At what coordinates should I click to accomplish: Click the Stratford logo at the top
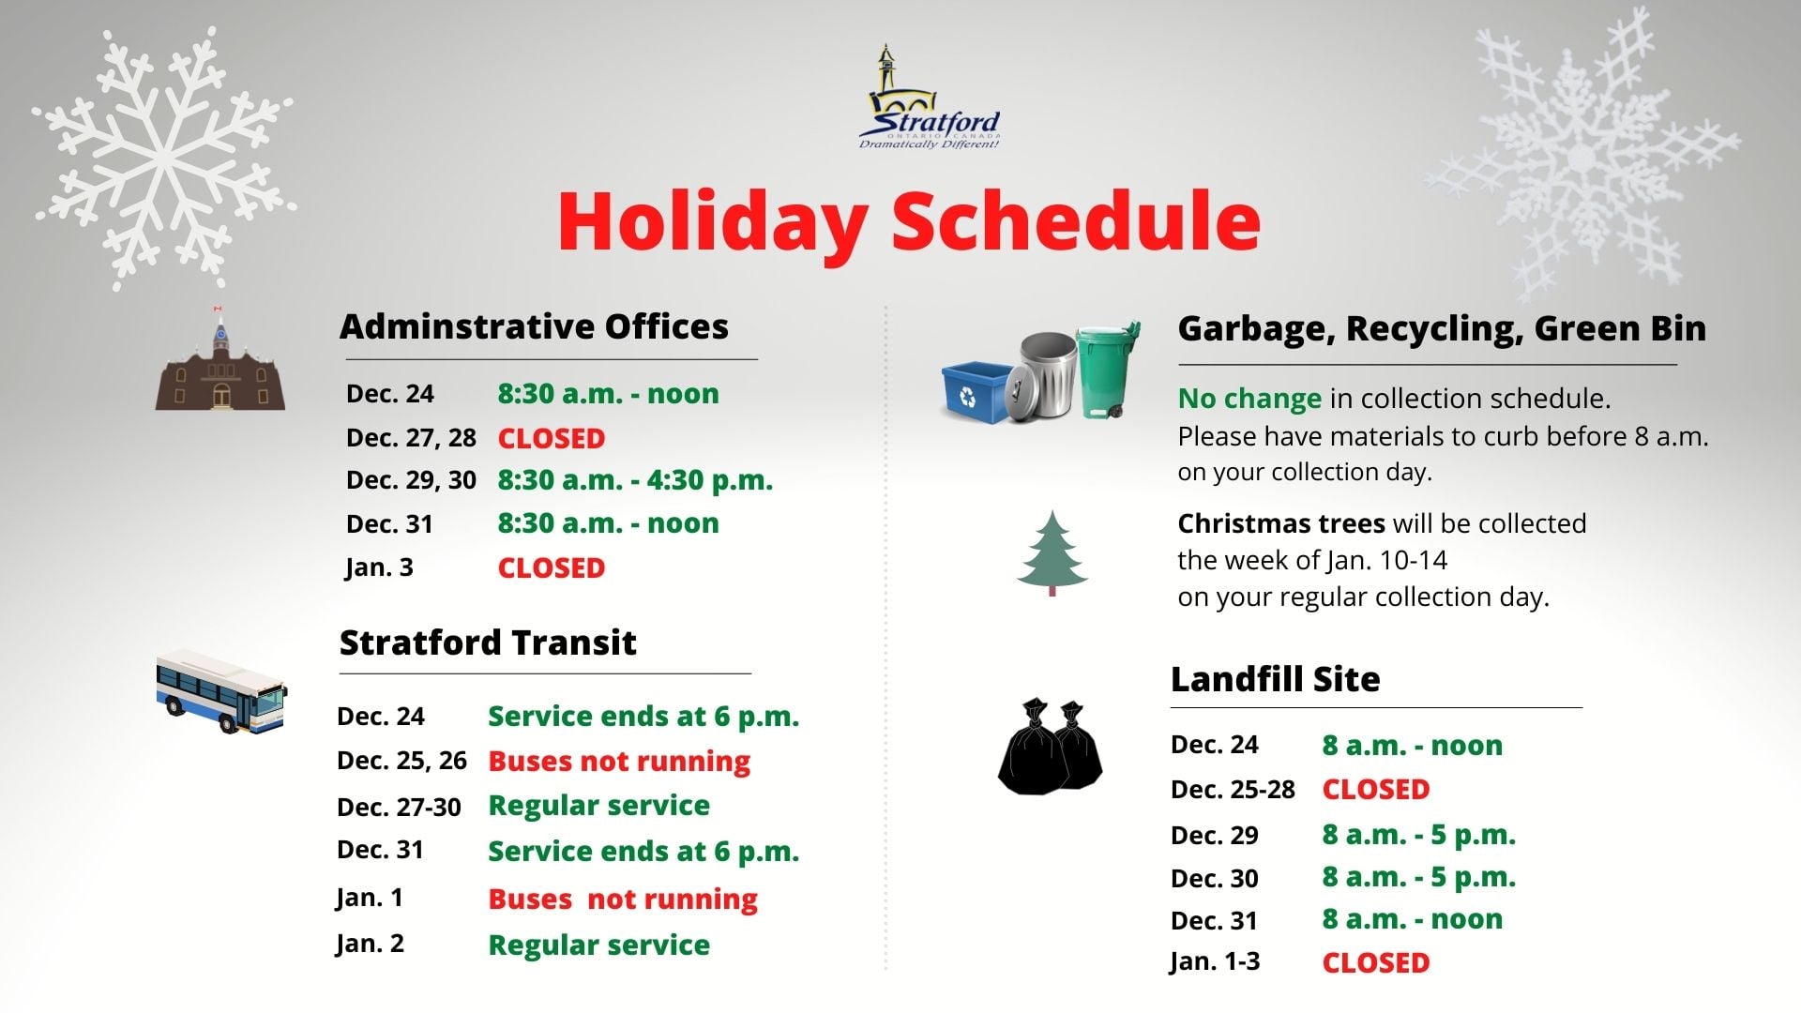[x=930, y=98]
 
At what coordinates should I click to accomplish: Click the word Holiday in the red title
[x=712, y=222]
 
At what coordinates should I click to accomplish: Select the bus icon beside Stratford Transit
[x=221, y=691]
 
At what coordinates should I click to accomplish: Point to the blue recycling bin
[x=980, y=392]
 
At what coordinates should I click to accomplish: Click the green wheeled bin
[x=1108, y=370]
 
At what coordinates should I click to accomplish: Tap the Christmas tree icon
[x=1052, y=553]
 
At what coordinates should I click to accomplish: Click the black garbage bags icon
[x=1050, y=747]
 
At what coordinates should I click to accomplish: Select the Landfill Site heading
[x=1275, y=679]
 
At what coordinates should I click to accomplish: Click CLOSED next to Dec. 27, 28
[x=551, y=438]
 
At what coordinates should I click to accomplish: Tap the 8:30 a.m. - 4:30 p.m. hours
[x=635, y=480]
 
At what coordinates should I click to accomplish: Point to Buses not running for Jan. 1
[x=623, y=899]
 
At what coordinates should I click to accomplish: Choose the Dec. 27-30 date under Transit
[x=399, y=807]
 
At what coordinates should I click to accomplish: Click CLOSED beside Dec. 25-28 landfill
[x=1375, y=790]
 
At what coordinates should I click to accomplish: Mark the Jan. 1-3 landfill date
[x=1215, y=961]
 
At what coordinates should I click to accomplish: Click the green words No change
[x=1249, y=399]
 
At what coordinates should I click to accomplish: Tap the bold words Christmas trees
[x=1281, y=523]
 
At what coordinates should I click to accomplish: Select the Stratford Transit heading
[x=488, y=643]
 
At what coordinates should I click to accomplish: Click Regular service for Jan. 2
[x=598, y=945]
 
